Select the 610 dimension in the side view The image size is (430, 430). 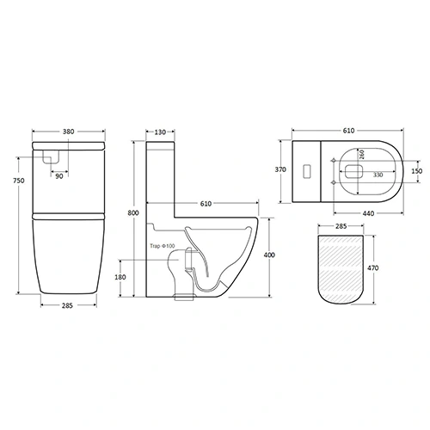click(208, 205)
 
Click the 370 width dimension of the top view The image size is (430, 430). click(280, 169)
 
